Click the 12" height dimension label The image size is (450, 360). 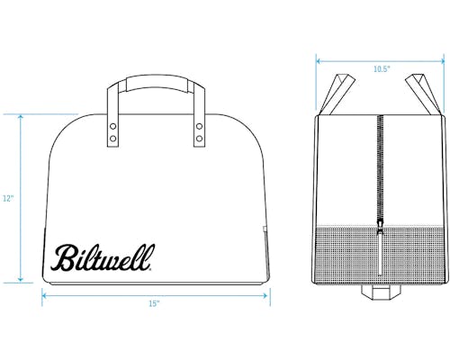point(8,198)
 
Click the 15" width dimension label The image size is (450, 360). point(154,303)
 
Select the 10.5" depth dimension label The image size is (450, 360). point(382,69)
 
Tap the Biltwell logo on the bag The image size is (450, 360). point(103,257)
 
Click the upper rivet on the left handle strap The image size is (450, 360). point(113,126)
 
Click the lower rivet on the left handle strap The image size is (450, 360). point(113,139)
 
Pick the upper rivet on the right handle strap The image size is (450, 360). point(199,126)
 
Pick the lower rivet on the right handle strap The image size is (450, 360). point(199,139)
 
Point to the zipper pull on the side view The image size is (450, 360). point(380,227)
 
